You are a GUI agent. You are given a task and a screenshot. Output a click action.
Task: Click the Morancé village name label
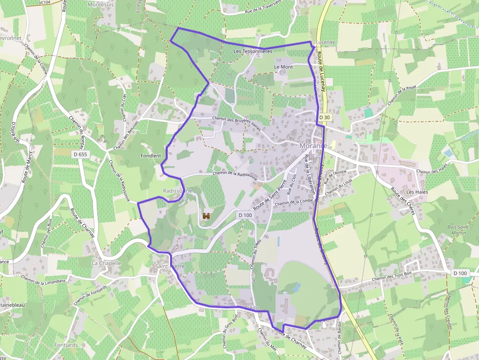313,147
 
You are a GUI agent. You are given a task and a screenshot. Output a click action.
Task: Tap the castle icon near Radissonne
206,215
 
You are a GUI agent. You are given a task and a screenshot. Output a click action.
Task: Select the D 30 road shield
325,117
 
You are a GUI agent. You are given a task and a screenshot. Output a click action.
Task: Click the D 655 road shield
80,154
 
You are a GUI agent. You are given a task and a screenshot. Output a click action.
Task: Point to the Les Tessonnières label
253,51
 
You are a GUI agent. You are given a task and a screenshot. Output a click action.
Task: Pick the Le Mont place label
283,67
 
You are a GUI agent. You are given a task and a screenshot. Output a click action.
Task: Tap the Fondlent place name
151,156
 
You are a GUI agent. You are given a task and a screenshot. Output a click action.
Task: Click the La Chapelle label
106,263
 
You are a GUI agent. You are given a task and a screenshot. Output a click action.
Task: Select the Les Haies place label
417,192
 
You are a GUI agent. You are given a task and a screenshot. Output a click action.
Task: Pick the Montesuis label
100,4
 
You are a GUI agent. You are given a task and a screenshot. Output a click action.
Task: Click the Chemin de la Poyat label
401,95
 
